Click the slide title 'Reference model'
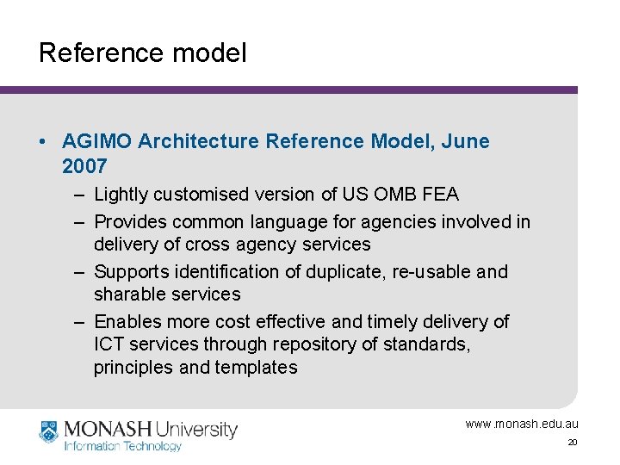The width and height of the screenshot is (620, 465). coord(142,53)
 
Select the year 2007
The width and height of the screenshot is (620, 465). coord(84,165)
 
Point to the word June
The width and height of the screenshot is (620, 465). coord(465,141)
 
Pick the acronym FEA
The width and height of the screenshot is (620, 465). coord(442,195)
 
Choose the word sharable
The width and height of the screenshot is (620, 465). coord(127,294)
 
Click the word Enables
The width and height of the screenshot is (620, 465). coord(125,322)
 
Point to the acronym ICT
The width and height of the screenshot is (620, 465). coord(108,344)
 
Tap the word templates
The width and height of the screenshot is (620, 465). coord(258,368)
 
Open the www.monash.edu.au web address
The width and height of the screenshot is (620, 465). coord(522,424)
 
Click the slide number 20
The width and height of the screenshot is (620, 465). coord(572,443)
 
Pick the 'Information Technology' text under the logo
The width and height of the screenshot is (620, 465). coord(123,446)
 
